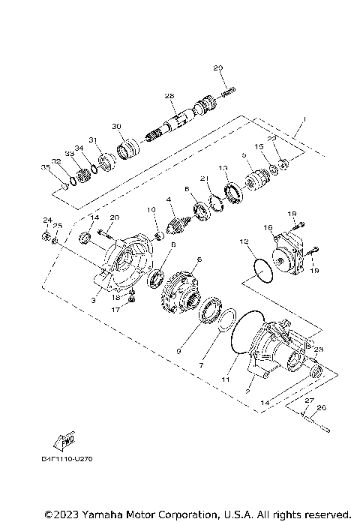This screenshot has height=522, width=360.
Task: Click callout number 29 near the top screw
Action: [x=218, y=69]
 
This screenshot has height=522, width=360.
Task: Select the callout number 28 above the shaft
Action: [x=169, y=96]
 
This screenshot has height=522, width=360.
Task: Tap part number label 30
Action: [x=116, y=125]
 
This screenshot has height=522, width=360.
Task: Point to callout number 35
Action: [x=45, y=166]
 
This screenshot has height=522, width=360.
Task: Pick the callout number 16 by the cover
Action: [x=267, y=226]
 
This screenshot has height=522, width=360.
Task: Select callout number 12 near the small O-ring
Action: [x=243, y=242]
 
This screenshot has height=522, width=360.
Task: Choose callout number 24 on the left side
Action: [x=46, y=220]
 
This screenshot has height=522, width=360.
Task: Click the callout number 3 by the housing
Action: [x=93, y=299]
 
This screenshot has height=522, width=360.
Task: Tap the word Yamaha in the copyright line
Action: [x=97, y=514]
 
